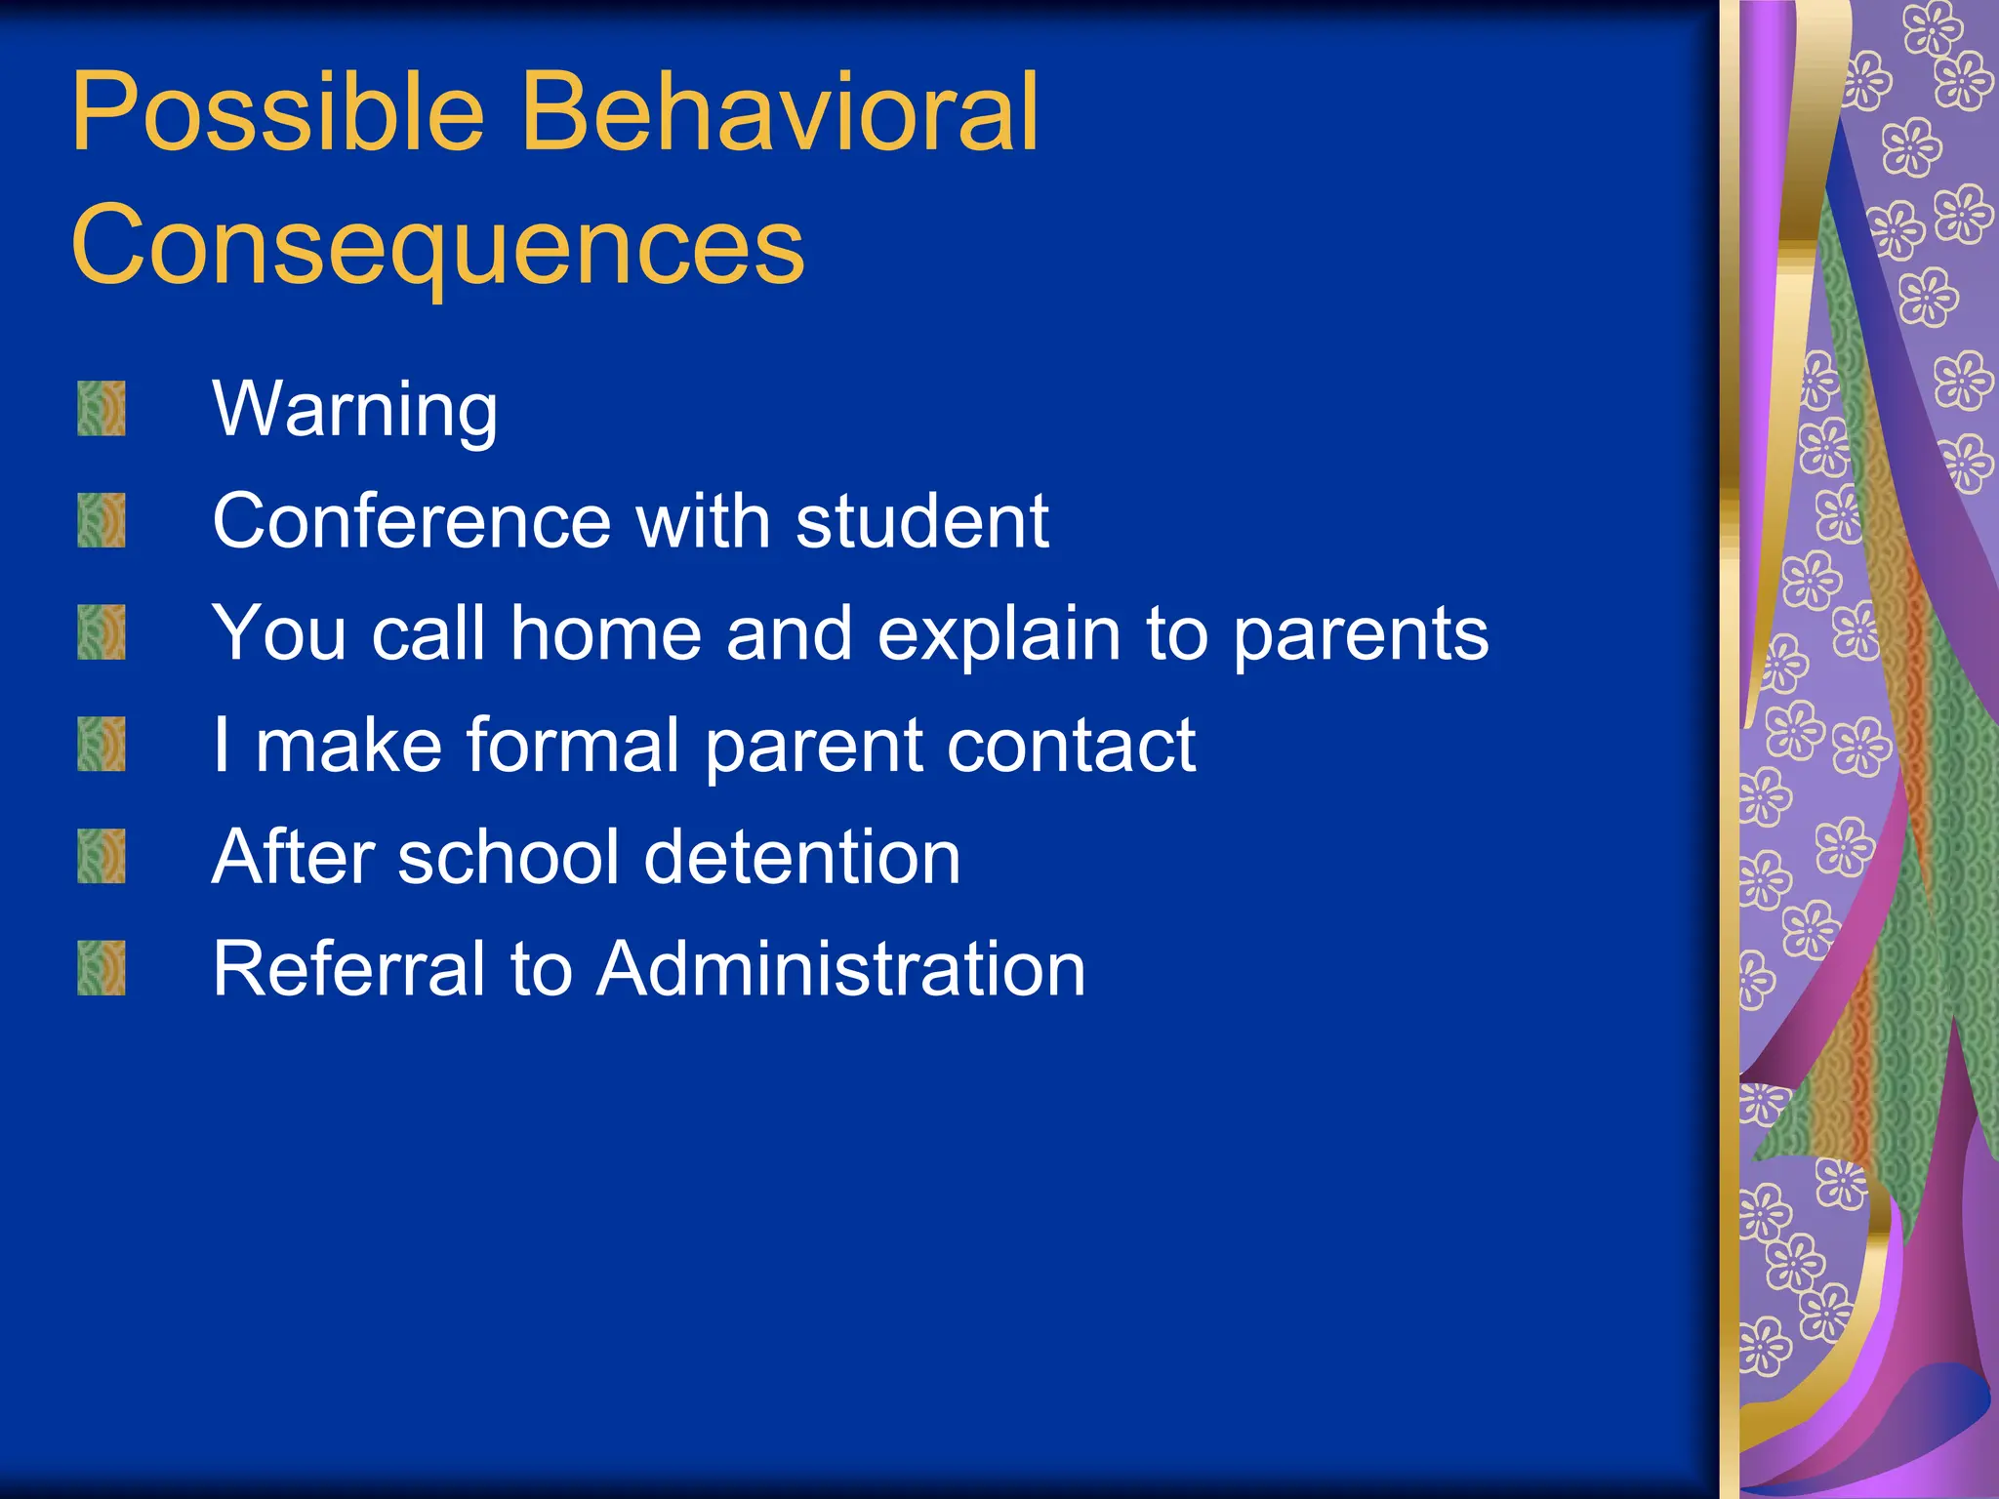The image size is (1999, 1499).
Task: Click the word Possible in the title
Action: coord(278,115)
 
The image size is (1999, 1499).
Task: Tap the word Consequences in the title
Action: coord(437,246)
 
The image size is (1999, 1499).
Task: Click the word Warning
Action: coord(355,410)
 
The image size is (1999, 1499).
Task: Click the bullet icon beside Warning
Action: coord(102,409)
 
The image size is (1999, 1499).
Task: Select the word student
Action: coord(922,521)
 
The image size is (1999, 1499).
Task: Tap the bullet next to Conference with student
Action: coord(102,520)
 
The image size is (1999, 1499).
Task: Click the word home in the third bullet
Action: coord(606,633)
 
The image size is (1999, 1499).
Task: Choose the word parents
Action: coord(1361,635)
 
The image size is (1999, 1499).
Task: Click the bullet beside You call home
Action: coord(102,632)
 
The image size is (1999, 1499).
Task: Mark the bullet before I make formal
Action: coord(102,745)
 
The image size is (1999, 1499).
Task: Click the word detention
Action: coord(802,858)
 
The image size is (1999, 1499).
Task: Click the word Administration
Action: coord(841,969)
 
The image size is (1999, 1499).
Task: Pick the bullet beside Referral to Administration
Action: coord(102,968)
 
